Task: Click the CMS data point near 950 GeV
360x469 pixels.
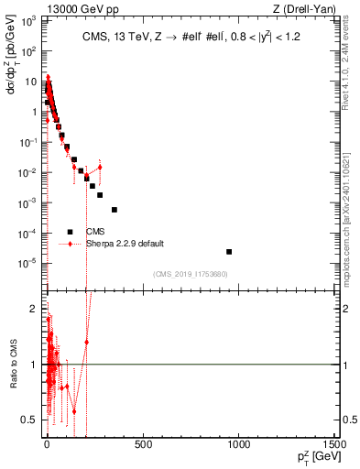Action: click(229, 251)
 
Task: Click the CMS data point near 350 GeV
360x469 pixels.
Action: click(115, 210)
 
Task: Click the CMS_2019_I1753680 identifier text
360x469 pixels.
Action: click(190, 274)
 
